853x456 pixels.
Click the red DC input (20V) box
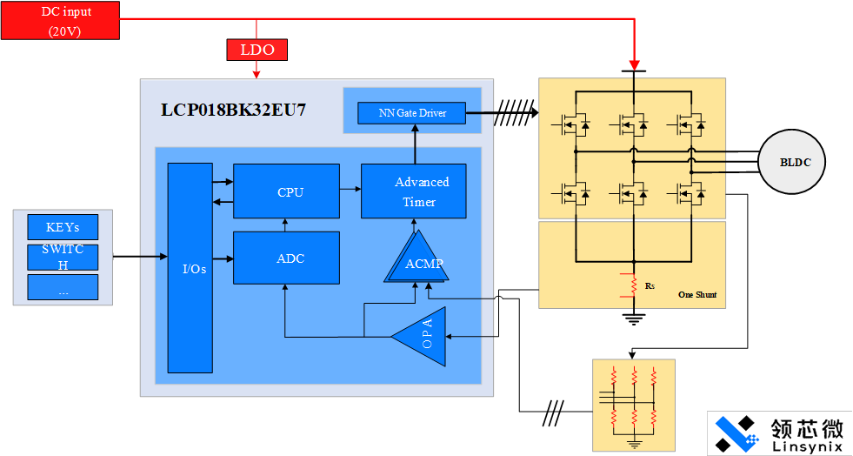(59, 20)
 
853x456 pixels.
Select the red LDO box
(256, 50)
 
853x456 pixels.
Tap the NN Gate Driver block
(412, 113)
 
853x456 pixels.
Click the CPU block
(286, 191)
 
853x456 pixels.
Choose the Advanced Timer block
(414, 192)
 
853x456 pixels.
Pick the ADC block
(286, 258)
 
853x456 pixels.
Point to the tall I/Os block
(190, 266)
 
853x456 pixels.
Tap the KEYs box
(63, 227)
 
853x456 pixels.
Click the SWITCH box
(63, 258)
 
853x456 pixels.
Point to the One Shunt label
(697, 295)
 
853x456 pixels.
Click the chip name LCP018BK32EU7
(233, 111)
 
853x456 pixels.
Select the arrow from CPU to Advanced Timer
(350, 188)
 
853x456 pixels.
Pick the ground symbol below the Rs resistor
(633, 319)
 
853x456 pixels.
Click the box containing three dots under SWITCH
(63, 287)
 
